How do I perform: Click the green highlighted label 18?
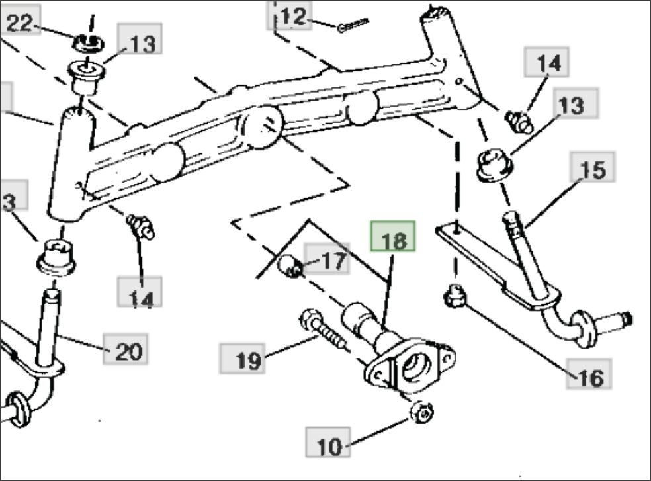point(393,236)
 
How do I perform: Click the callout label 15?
point(593,167)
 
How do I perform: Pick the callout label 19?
point(242,358)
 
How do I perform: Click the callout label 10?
point(328,443)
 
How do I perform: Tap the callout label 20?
point(126,349)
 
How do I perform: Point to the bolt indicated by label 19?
point(322,329)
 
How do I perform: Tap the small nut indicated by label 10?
point(422,412)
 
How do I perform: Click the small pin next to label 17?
point(290,266)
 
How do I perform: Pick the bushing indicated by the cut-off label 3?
point(56,257)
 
